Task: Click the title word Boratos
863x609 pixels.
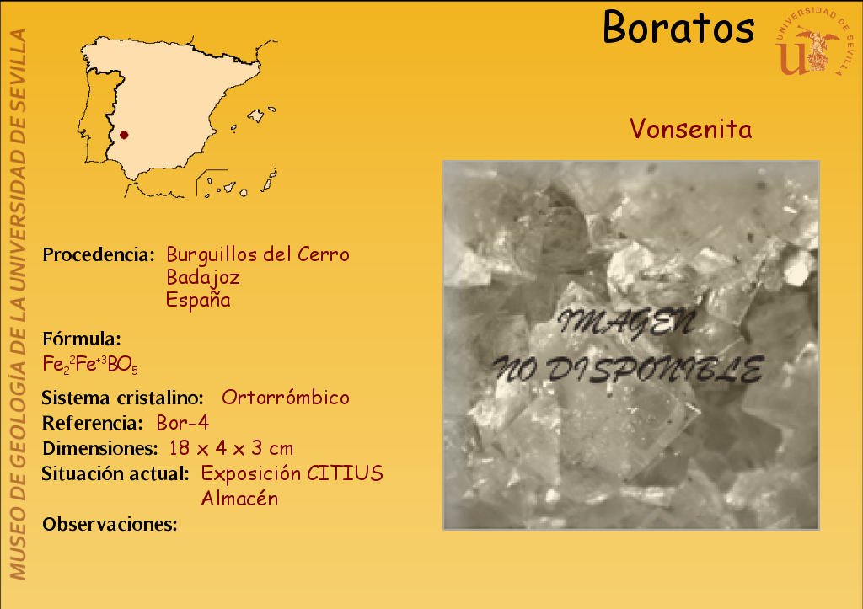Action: tap(678, 27)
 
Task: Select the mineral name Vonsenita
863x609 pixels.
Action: tap(691, 129)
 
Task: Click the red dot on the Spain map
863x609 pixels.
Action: tap(124, 135)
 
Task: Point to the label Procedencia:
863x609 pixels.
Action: tap(99, 254)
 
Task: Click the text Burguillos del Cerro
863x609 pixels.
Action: tap(258, 254)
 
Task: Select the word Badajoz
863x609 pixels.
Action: tap(203, 277)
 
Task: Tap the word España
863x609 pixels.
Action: tap(198, 300)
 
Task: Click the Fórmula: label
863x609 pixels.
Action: tap(82, 339)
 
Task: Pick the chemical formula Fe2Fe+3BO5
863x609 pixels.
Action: tap(90, 365)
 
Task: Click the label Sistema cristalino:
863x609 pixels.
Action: tap(123, 398)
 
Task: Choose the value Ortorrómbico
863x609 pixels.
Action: tap(286, 398)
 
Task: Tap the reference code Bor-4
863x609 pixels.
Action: tap(183, 423)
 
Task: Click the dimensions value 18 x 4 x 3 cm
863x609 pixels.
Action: tap(231, 448)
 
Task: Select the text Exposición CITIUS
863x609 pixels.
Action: tap(292, 473)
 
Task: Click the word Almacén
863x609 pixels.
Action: tap(239, 499)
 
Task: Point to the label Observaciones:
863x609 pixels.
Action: tap(110, 524)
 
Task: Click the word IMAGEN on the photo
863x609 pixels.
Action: tap(627, 323)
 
